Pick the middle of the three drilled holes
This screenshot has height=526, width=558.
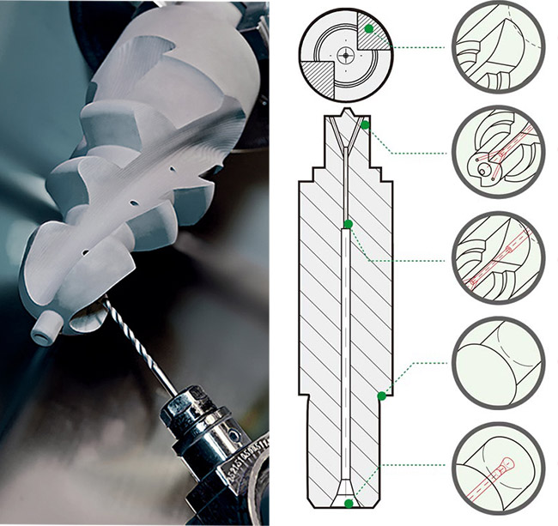click(x=133, y=204)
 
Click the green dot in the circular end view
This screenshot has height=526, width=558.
click(x=368, y=29)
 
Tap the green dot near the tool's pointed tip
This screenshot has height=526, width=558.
click(x=366, y=125)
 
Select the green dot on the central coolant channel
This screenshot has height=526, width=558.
click(x=348, y=225)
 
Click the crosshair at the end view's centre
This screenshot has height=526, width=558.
click(x=345, y=53)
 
